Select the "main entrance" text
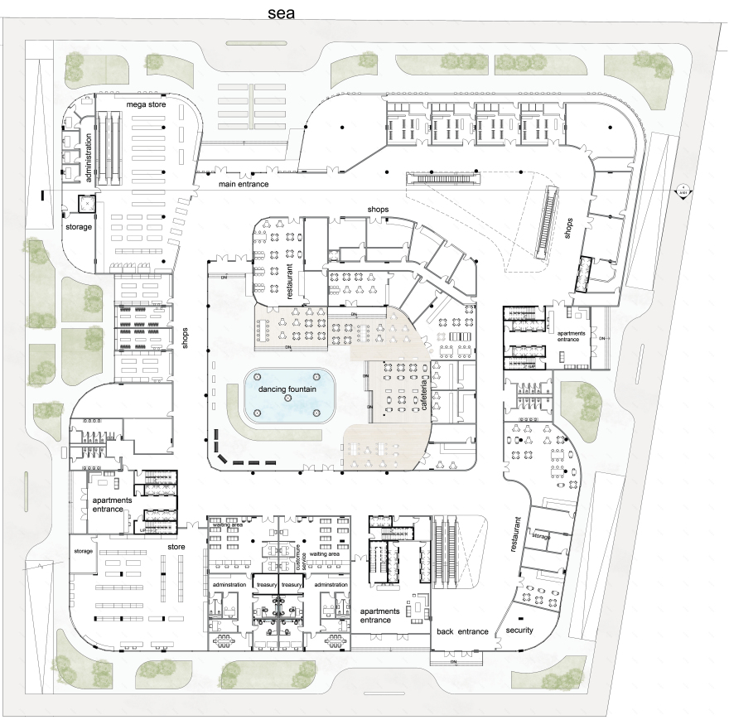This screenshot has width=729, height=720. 244,184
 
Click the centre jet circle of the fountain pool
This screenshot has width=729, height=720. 288,399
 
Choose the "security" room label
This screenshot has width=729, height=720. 519,631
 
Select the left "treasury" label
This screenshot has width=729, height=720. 266,585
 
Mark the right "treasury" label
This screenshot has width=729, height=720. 292,585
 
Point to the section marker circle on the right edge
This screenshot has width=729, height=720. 683,191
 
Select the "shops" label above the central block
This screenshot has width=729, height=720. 379,210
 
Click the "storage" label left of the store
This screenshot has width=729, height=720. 83,551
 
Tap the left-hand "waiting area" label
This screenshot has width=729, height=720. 226,525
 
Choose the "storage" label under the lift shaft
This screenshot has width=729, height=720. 79,225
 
